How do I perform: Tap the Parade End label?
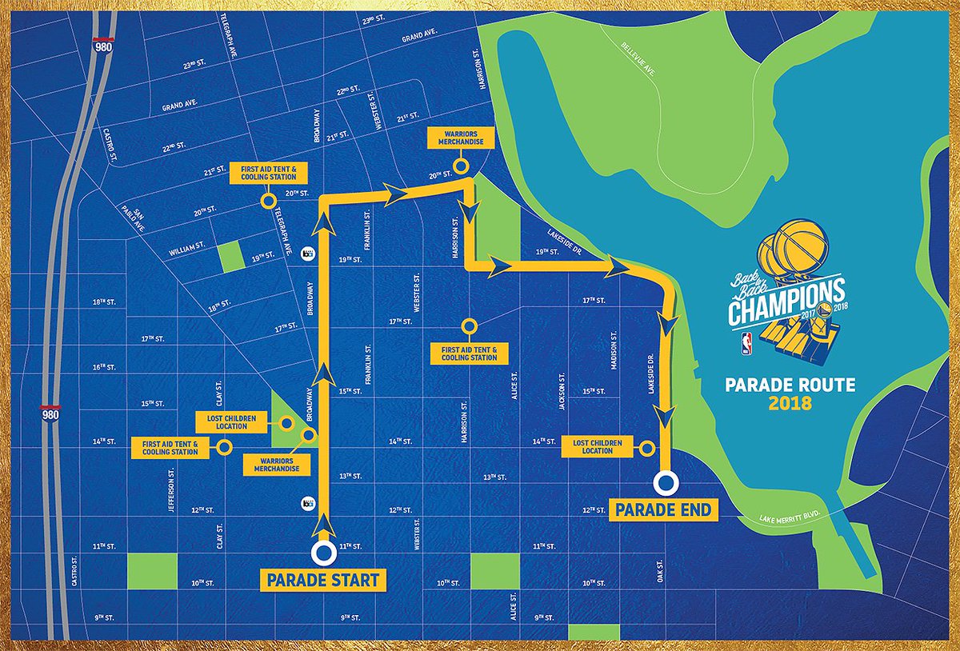(x=664, y=509)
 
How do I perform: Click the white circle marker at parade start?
(x=323, y=553)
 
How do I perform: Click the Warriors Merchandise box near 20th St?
(x=461, y=137)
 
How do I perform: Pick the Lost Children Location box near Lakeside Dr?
(x=598, y=446)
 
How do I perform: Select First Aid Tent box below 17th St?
(x=470, y=353)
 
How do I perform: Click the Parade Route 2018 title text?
(x=790, y=393)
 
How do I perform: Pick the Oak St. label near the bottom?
(x=661, y=569)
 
